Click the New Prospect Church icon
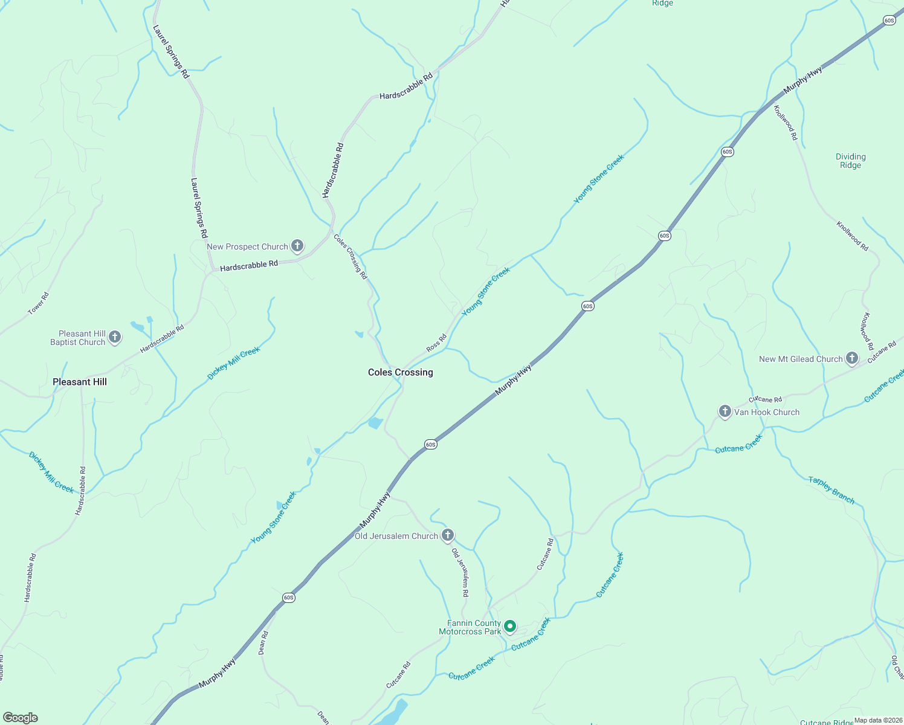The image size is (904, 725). [x=297, y=246]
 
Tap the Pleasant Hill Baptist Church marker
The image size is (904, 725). [x=115, y=337]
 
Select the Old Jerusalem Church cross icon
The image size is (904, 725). [x=447, y=535]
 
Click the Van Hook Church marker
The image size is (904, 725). [x=725, y=411]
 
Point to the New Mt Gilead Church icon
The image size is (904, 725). [x=851, y=358]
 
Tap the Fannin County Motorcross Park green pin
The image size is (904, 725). [x=510, y=627]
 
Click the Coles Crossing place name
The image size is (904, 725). [x=401, y=372]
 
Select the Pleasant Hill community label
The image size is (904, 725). [x=80, y=382]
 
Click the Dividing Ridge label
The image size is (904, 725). [x=850, y=161]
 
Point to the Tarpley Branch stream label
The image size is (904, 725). [x=831, y=490]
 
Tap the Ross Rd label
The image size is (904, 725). [x=436, y=343]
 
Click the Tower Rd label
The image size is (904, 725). [x=38, y=303]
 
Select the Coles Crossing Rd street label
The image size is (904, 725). [x=350, y=256]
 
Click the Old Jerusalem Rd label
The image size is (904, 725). [x=460, y=573]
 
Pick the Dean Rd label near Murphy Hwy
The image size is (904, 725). [x=263, y=643]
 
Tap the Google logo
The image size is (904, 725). [x=21, y=718]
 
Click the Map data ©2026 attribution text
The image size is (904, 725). [x=878, y=720]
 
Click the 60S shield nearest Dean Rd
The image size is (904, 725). [x=288, y=598]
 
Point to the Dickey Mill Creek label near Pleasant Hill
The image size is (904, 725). [x=51, y=472]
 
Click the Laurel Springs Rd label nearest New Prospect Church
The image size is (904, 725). [x=199, y=207]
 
